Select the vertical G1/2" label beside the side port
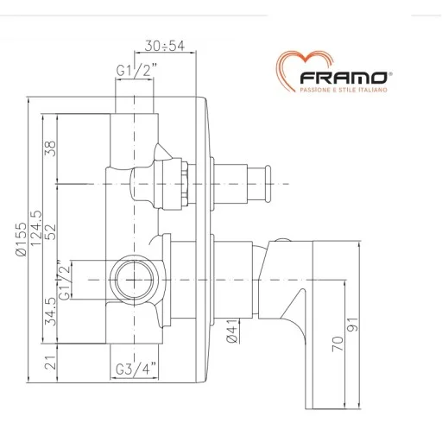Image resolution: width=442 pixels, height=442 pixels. coord(60,279)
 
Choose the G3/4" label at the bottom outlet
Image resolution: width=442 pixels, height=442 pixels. coord(134,373)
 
